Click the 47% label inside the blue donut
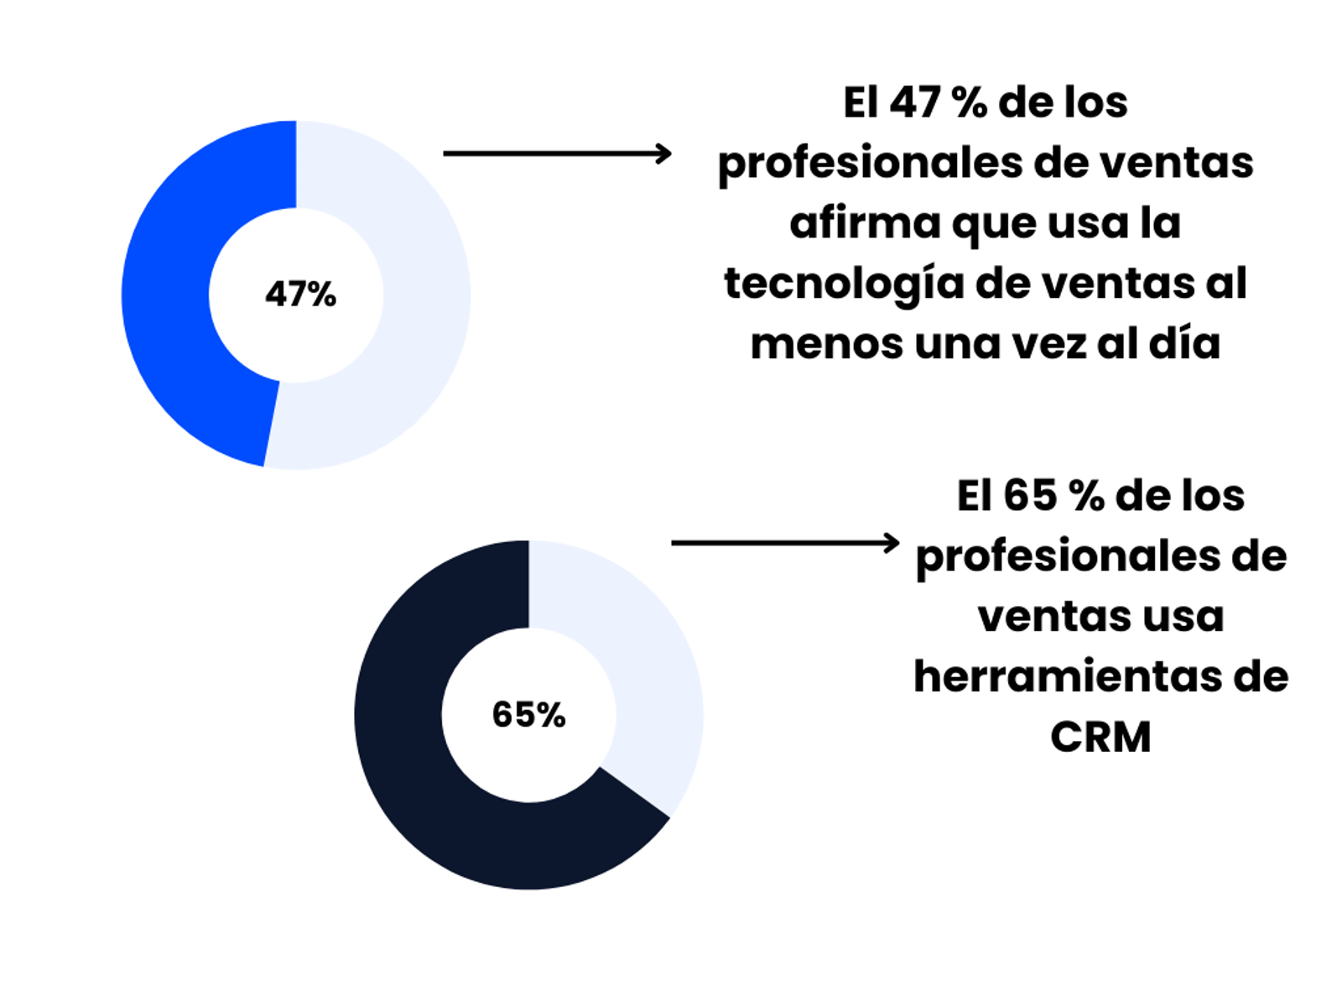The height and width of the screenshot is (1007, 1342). pos(300,295)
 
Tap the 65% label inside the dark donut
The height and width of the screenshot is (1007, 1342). pos(528,715)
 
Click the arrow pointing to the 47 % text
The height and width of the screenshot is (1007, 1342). pos(557,154)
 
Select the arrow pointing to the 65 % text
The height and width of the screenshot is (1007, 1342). pos(785,543)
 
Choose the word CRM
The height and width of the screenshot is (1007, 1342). pos(1100,737)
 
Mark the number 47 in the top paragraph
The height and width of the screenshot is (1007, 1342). pos(914,102)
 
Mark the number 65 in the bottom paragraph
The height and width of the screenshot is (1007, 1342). pos(1029,496)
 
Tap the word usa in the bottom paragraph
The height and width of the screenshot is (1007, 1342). pos(1183,617)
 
